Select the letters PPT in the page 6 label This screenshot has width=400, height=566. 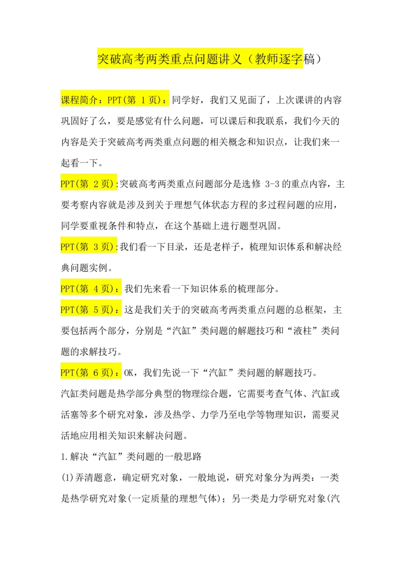67,372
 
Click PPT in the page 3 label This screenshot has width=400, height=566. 67,246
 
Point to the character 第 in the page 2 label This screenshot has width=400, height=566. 83,184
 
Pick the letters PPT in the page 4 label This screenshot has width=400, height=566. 67,288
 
